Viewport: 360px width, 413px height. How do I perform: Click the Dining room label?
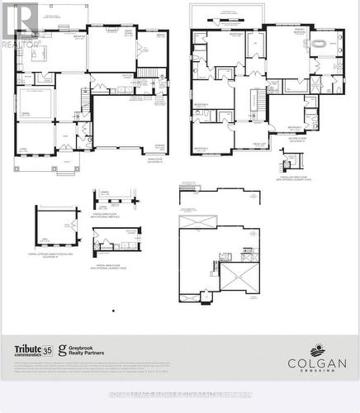(26, 111)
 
